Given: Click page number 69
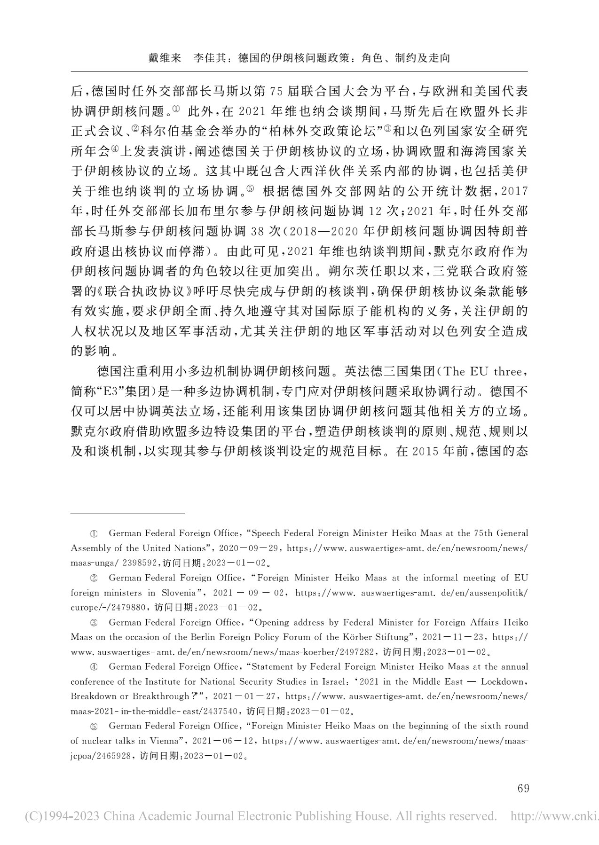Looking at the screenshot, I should [523, 788].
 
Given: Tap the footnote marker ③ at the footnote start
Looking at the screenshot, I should [93, 623].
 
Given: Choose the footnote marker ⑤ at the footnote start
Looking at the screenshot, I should [93, 726].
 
